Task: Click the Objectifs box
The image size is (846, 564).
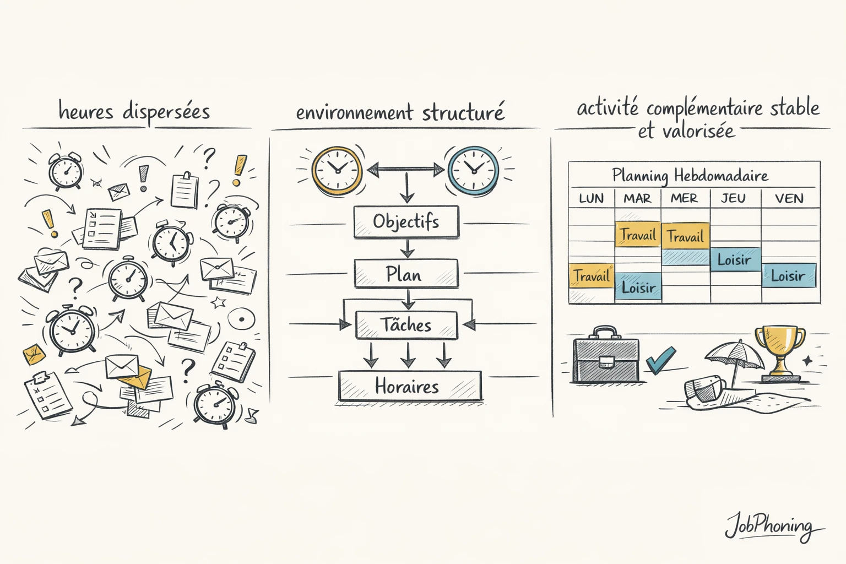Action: pos(406,221)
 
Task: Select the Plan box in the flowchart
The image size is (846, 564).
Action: pos(406,274)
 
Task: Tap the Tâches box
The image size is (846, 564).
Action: pos(406,325)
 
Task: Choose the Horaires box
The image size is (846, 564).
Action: pos(409,386)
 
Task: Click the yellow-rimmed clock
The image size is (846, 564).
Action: pos(337,170)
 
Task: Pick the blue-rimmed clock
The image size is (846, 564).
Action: pos(473,170)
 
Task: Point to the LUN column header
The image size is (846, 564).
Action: pos(591,198)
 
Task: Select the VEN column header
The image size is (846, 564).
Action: pos(789,198)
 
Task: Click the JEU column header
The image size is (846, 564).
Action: pos(733,198)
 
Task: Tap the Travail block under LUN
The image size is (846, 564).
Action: pos(591,276)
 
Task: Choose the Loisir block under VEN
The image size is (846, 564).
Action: pos(788,275)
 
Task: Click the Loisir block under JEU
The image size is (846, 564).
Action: pos(735,259)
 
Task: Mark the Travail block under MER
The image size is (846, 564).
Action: pos(685,237)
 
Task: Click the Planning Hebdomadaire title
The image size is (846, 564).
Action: pos(690,176)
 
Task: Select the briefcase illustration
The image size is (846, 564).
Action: pos(606,356)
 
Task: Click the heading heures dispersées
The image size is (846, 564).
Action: pos(134,111)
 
